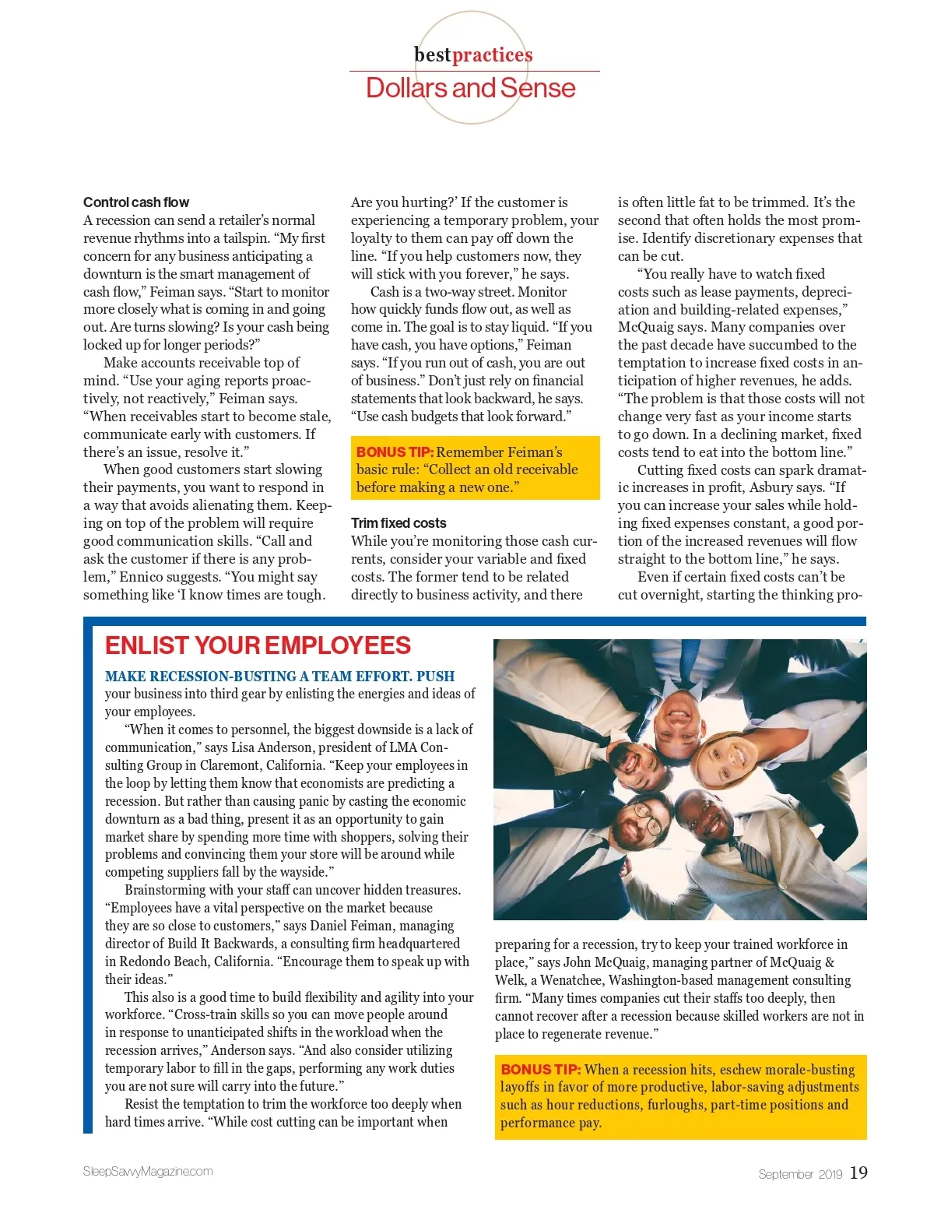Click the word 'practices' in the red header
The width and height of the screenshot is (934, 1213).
[492, 54]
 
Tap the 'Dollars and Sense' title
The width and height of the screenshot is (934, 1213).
[470, 88]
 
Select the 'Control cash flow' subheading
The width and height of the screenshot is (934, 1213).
[136, 202]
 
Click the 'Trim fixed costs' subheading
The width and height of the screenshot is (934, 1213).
[399, 523]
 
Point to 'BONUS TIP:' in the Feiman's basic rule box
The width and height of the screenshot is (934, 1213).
[395, 452]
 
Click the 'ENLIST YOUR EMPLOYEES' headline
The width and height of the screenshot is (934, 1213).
[258, 645]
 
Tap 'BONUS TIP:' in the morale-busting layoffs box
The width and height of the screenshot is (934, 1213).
[541, 1070]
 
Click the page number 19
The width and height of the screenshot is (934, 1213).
[859, 1173]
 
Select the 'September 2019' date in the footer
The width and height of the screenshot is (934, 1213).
[800, 1174]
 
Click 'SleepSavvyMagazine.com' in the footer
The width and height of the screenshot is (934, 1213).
[148, 1171]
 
